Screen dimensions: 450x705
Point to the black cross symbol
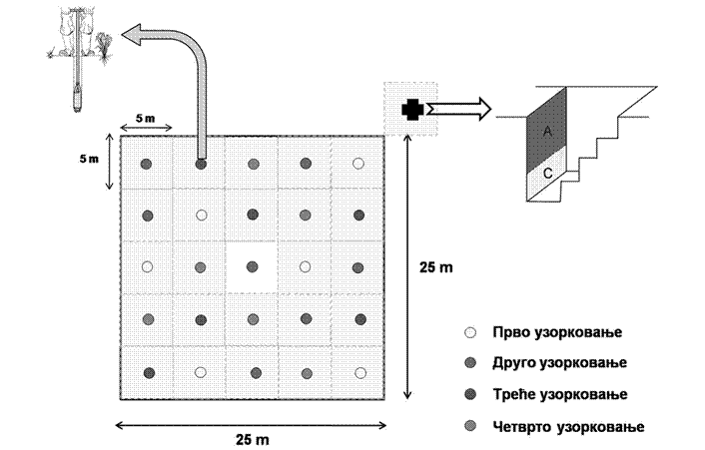(x=410, y=110)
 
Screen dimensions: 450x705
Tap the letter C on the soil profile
(x=547, y=171)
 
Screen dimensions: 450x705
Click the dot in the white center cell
(x=252, y=266)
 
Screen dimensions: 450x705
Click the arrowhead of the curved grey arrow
(x=132, y=37)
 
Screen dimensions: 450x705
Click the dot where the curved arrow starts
(x=201, y=164)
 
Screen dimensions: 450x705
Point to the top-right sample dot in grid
(x=357, y=164)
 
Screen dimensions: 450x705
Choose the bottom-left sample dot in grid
(x=148, y=372)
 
